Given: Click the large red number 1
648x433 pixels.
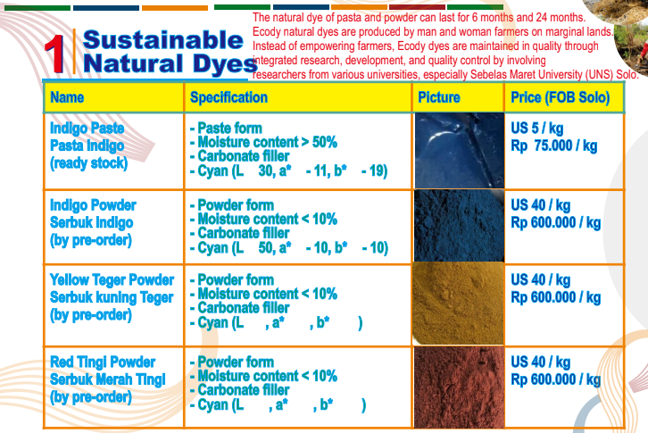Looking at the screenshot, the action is (54, 54).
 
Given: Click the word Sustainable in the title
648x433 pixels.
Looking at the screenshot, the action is (163, 40).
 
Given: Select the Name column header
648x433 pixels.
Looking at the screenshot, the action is (67, 97).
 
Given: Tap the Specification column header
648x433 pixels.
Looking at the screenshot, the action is (228, 97).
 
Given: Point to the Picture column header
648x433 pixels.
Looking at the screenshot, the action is (439, 97).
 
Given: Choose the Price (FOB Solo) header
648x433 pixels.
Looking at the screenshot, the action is (561, 97).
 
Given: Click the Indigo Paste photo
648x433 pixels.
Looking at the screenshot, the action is (459, 151).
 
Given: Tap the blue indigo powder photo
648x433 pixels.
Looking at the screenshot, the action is (459, 226).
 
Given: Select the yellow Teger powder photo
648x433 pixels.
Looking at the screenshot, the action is (459, 304).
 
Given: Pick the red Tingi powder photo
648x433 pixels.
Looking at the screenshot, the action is (459, 387).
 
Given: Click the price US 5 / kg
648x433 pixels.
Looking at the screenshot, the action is (536, 129).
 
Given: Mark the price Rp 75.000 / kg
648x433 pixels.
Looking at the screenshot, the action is (553, 146).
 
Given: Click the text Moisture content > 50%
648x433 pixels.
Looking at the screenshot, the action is (268, 142).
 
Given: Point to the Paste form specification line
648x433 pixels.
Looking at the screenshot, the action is (226, 129).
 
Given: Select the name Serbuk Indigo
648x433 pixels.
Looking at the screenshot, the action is (91, 223).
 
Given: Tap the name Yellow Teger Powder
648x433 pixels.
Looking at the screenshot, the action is (112, 280).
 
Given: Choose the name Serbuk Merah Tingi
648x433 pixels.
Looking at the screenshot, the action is (108, 379).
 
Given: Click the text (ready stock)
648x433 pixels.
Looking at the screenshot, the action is (89, 163).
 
